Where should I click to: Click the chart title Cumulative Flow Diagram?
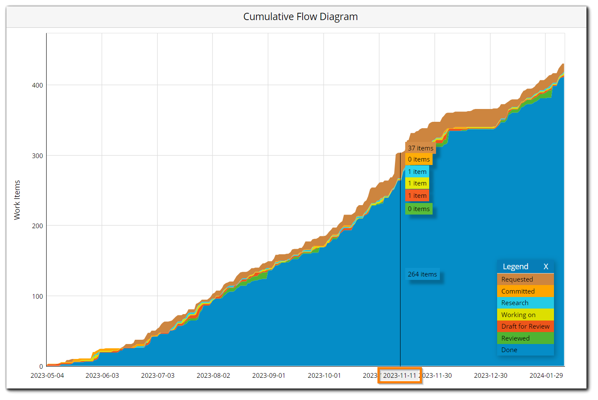pyautogui.click(x=300, y=17)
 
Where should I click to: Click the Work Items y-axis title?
pyautogui.click(x=17, y=200)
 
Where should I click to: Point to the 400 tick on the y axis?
pyautogui.click(x=38, y=85)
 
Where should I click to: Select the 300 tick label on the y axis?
pyautogui.click(x=38, y=156)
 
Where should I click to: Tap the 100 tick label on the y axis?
pyautogui.click(x=38, y=296)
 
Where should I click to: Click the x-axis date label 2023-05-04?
pyautogui.click(x=47, y=375)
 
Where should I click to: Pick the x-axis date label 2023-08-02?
pyautogui.click(x=213, y=375)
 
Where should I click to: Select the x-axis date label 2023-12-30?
pyautogui.click(x=490, y=375)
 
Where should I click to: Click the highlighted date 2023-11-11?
pyautogui.click(x=400, y=375)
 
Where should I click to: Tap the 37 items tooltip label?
pyautogui.click(x=420, y=148)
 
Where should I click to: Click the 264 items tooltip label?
pyautogui.click(x=422, y=274)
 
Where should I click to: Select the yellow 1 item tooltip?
pyautogui.click(x=417, y=183)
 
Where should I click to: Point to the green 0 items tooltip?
pyautogui.click(x=419, y=209)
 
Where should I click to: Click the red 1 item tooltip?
pyautogui.click(x=417, y=196)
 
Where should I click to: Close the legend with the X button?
pyautogui.click(x=546, y=266)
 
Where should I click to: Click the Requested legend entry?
pyautogui.click(x=517, y=279)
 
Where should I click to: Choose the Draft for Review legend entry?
pyautogui.click(x=525, y=326)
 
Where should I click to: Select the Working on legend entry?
pyautogui.click(x=518, y=315)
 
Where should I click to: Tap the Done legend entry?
pyautogui.click(x=510, y=350)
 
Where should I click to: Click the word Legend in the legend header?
pyautogui.click(x=516, y=266)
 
